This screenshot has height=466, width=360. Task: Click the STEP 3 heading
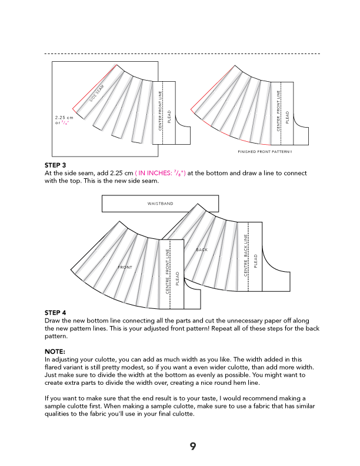pyautogui.click(x=55, y=165)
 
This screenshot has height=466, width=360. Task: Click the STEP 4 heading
pyautogui.click(x=55, y=312)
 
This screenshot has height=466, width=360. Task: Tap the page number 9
pyautogui.click(x=192, y=446)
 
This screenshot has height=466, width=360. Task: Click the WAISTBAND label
pyautogui.click(x=161, y=204)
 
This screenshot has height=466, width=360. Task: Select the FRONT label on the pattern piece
pyautogui.click(x=125, y=267)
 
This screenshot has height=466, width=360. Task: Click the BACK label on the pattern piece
pyautogui.click(x=202, y=250)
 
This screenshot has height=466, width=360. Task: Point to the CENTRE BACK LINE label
pyautogui.click(x=245, y=257)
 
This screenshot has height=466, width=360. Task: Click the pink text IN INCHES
pyautogui.click(x=154, y=174)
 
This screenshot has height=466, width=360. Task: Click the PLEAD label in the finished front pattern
pyautogui.click(x=288, y=116)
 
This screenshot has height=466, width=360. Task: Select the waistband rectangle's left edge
pyautogui.click(x=102, y=204)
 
